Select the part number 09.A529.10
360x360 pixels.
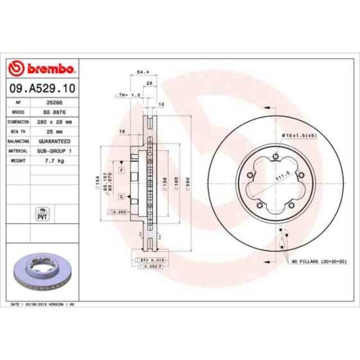tap(42, 88)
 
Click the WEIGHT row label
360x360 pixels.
tap(18, 161)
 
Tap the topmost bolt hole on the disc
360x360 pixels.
tap(275, 157)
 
